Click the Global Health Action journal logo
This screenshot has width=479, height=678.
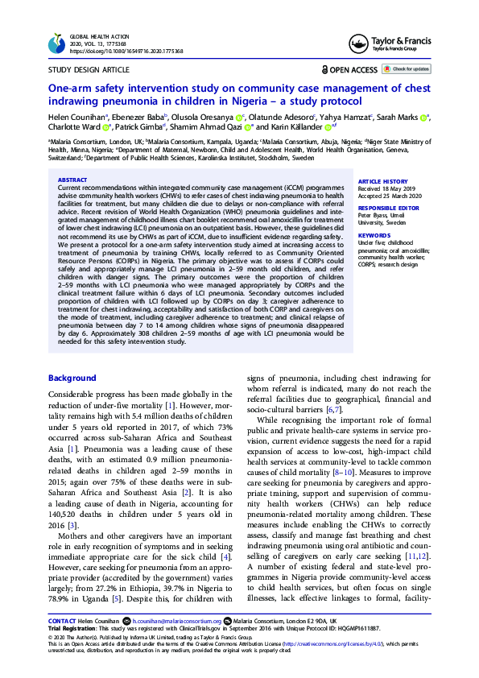point(56,43)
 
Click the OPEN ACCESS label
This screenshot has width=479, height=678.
point(353,70)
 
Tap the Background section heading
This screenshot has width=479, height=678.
point(72,378)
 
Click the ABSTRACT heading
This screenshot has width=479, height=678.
point(72,180)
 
